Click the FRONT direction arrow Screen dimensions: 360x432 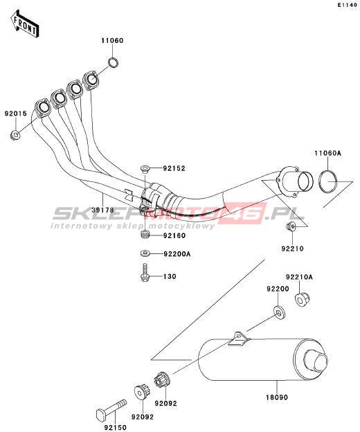tap(25, 24)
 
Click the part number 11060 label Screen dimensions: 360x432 tap(112, 41)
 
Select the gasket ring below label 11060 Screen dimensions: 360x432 tap(114, 62)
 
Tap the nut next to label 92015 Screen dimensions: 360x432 tap(15, 135)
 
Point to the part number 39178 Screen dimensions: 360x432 tap(102, 210)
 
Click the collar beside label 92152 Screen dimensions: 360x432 tap(144, 168)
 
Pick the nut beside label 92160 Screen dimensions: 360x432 tap(145, 235)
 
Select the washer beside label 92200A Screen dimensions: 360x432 tap(145, 253)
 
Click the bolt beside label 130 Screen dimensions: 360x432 tap(145, 273)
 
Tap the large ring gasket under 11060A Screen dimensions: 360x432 tap(327, 181)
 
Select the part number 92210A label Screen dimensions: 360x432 tap(299, 277)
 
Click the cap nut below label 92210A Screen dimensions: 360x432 tap(302, 300)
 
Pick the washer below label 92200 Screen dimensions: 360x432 tap(279, 312)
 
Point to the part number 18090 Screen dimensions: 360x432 tap(277, 397)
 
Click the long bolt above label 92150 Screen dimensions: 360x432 tap(111, 410)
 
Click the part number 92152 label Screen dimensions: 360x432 tap(174, 168)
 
